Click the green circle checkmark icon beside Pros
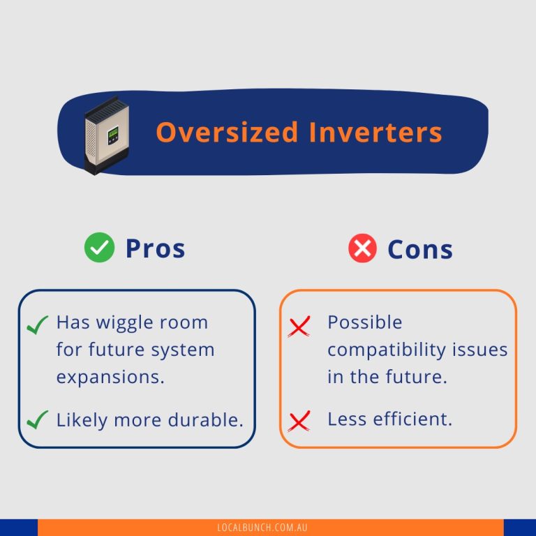tap(99, 248)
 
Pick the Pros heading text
tap(155, 248)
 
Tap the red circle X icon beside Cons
tap(362, 249)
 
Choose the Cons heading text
tap(420, 249)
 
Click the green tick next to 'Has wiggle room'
tap(36, 325)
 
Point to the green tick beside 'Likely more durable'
tap(36, 420)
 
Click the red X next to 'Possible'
tap(299, 326)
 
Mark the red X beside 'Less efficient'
tap(299, 421)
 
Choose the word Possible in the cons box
tap(365, 322)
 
